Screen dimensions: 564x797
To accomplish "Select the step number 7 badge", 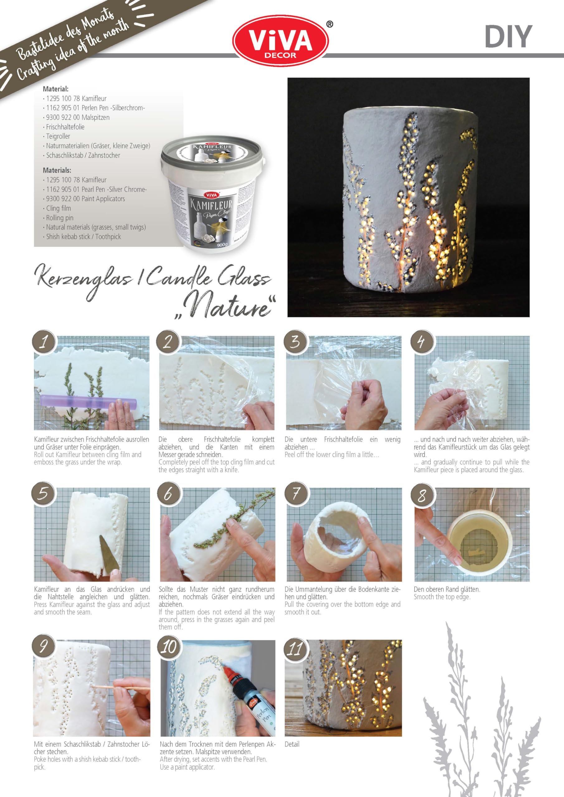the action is (x=296, y=493).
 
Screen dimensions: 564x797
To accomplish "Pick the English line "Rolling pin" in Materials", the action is (x=60, y=218).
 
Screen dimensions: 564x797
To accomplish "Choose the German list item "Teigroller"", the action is (x=58, y=136).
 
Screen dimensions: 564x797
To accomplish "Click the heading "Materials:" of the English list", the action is (x=57, y=170).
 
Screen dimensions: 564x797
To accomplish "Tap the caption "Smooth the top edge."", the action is (x=442, y=597).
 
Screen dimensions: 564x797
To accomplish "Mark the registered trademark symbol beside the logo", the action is (x=330, y=24).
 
